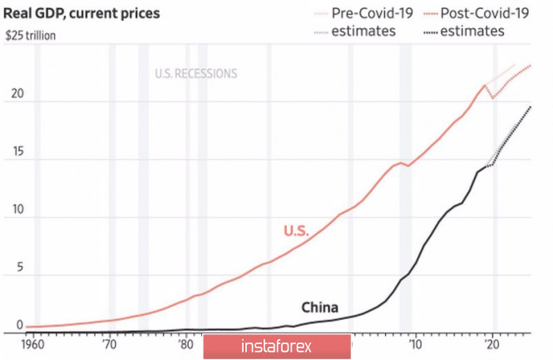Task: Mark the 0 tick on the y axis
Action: coord(10,325)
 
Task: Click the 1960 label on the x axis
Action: coord(36,343)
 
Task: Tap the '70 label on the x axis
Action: coord(109,343)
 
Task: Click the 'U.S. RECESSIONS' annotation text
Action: coord(195,73)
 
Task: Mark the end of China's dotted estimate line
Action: coord(531,106)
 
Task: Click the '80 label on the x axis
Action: coord(185,343)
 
